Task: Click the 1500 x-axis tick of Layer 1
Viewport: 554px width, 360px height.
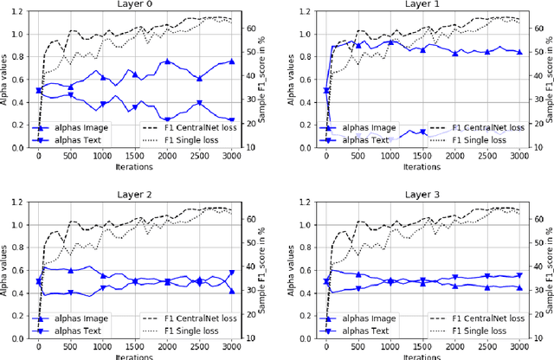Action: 422,156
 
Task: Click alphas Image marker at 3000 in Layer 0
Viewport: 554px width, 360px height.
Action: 231,61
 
